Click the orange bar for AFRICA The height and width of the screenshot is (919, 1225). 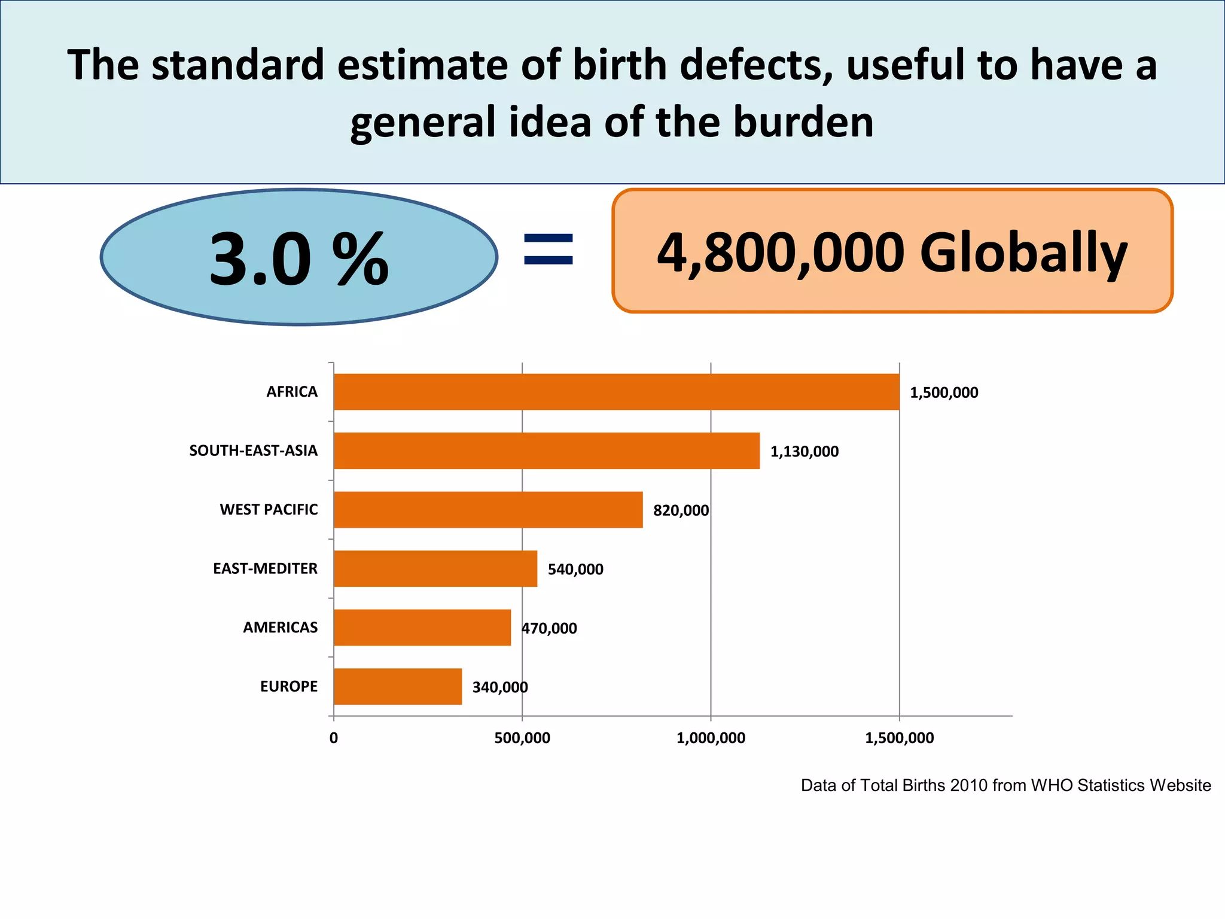tap(616, 392)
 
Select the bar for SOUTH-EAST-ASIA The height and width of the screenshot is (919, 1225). tap(546, 451)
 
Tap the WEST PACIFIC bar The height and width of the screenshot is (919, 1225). tap(488, 510)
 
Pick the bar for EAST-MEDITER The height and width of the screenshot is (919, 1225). tap(435, 568)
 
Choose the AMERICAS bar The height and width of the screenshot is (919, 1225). tap(422, 628)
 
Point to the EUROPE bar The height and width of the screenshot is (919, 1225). tap(398, 686)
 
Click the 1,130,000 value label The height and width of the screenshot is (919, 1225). tap(804, 452)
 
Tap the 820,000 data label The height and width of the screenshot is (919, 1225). tap(681, 510)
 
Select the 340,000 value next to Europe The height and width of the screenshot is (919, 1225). tap(500, 687)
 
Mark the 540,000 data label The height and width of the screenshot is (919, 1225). tap(575, 569)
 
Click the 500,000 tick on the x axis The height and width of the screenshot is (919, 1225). tap(522, 738)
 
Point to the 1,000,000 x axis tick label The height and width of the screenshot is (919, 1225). tap(711, 738)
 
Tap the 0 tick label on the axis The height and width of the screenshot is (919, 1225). tap(334, 738)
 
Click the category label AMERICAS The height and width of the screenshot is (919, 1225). tap(280, 628)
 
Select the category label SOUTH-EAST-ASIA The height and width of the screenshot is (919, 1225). tap(253, 451)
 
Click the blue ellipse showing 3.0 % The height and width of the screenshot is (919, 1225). tap(298, 257)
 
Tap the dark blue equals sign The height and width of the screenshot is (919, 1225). tap(548, 249)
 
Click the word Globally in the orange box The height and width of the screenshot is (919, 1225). tap(1023, 252)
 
